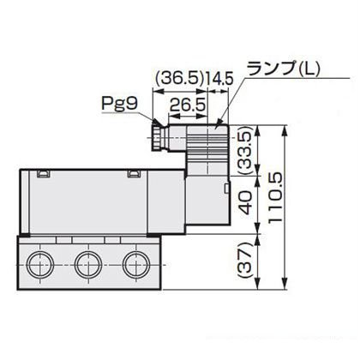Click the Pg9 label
pyautogui.click(x=120, y=104)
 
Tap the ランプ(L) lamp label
pyautogui.click(x=283, y=69)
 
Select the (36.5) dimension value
pyautogui.click(x=180, y=79)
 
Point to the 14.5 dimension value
pyautogui.click(x=219, y=79)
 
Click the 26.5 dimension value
pyautogui.click(x=188, y=105)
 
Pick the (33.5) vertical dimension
pyautogui.click(x=245, y=151)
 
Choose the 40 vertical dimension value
pyautogui.click(x=246, y=203)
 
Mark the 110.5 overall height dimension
pyautogui.click(x=275, y=197)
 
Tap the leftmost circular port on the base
pyautogui.click(x=40, y=264)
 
